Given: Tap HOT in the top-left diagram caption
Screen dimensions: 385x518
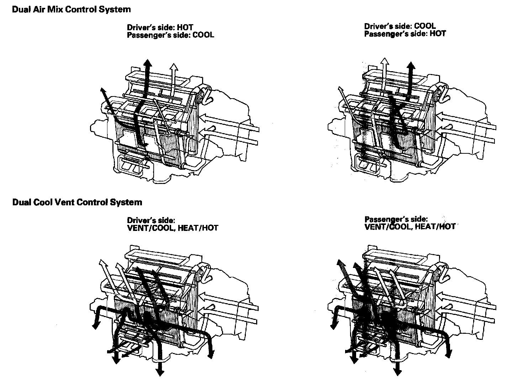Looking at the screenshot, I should click(185, 27).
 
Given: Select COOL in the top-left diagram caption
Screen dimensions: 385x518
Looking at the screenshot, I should click(203, 35).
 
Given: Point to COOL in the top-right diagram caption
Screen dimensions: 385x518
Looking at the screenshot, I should click(425, 26).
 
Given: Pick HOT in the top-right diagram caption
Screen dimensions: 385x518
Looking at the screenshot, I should click(438, 33).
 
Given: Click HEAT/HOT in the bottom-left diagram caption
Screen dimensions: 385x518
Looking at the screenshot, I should click(198, 228).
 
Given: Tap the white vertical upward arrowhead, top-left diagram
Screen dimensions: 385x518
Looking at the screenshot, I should click(173, 67).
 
